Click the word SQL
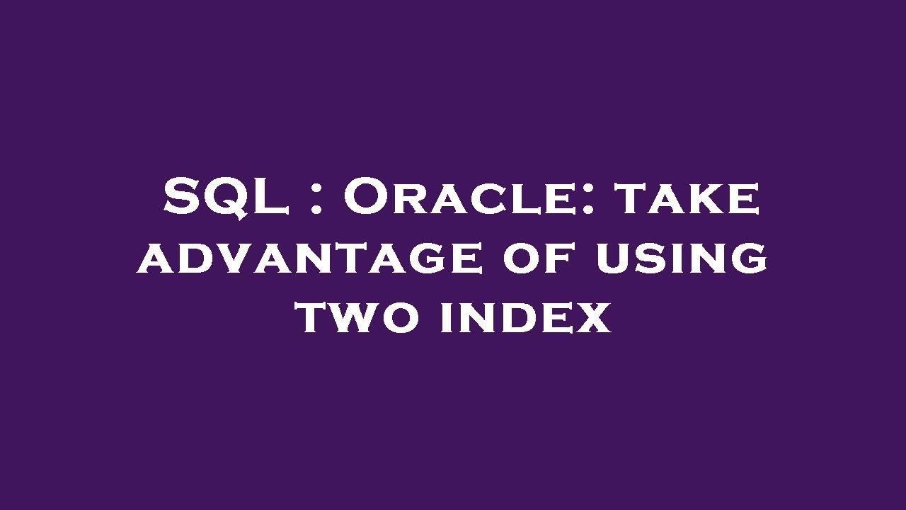pos(225,198)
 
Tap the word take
pos(687,199)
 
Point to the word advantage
pos(311,258)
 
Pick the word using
pos(682,258)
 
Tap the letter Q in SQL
pos(228,199)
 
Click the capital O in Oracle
pos(365,198)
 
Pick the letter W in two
pos(358,318)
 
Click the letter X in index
pos(594,318)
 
